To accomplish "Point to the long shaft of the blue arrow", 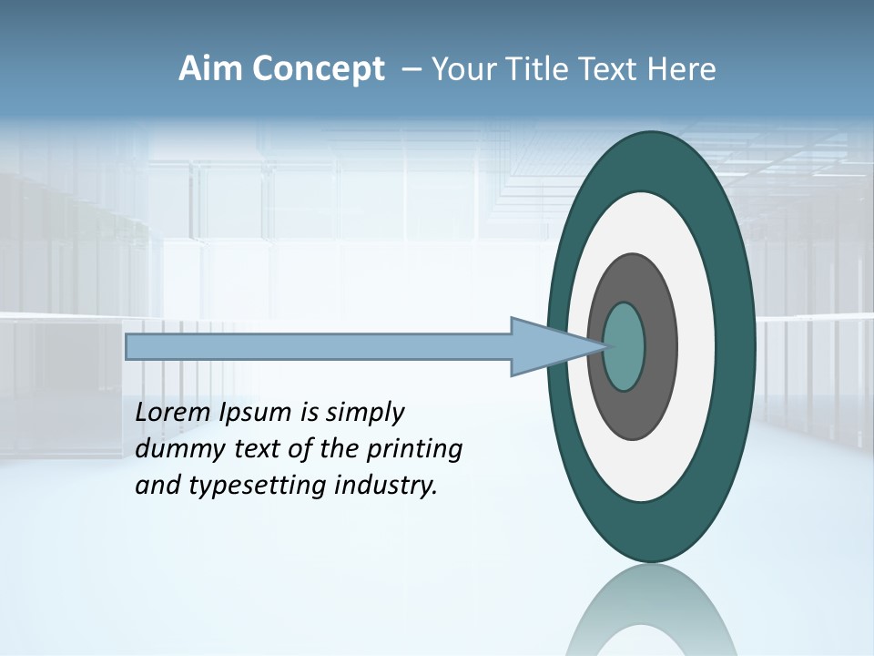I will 319,347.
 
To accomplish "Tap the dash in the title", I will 410,70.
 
